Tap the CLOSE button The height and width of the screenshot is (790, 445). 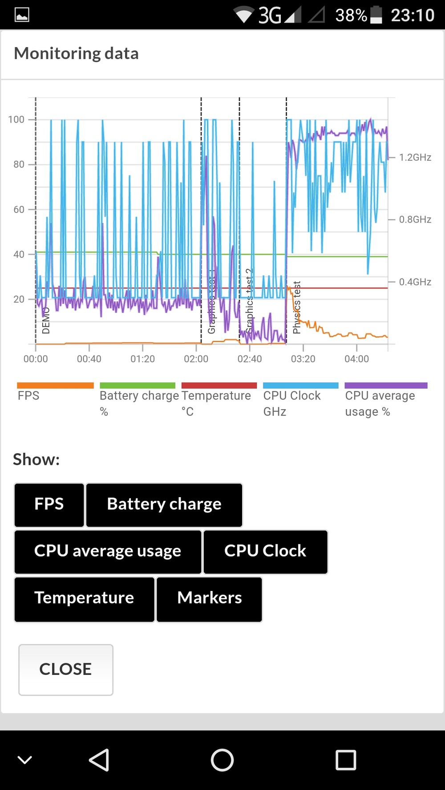pyautogui.click(x=66, y=669)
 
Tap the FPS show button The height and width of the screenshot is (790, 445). pyautogui.click(x=49, y=504)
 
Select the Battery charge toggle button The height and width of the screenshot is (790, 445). pyautogui.click(x=164, y=504)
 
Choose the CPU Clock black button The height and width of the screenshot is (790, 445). pyautogui.click(x=265, y=551)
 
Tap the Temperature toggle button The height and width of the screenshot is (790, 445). pyautogui.click(x=84, y=598)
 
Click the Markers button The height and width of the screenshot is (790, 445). pyautogui.click(x=209, y=598)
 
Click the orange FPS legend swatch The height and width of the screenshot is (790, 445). pyautogui.click(x=55, y=385)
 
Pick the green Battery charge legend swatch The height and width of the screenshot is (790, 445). pyautogui.click(x=138, y=385)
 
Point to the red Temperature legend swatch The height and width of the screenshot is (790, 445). pyautogui.click(x=219, y=385)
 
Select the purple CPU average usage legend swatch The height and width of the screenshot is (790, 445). pyautogui.click(x=386, y=385)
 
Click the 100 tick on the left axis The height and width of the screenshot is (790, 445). pyautogui.click(x=16, y=120)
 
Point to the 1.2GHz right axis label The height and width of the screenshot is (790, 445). pyautogui.click(x=415, y=157)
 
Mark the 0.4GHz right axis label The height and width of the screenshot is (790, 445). pyautogui.click(x=415, y=282)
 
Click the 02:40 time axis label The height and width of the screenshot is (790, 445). pyautogui.click(x=250, y=359)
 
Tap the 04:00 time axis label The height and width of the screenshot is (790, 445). pyautogui.click(x=356, y=359)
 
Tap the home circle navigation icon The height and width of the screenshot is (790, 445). pyautogui.click(x=222, y=760)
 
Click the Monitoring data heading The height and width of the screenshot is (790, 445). pyautogui.click(x=77, y=54)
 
